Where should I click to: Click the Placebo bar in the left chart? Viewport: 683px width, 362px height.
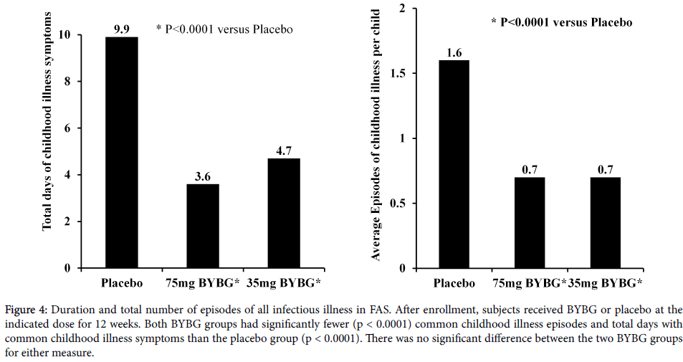pos(121,152)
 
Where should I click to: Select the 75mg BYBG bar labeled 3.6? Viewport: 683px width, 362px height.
pos(203,226)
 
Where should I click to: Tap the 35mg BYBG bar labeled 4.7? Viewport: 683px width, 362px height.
pos(284,213)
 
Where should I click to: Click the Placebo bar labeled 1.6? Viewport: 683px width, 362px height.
pos(454,164)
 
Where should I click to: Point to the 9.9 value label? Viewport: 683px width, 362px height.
pos(121,29)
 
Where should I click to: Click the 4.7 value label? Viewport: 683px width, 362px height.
pos(284,151)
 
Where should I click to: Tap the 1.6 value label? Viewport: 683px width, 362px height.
pos(454,52)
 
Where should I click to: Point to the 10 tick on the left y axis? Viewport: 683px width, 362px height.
pos(65,35)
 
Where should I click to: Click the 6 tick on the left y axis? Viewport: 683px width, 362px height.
pos(68,128)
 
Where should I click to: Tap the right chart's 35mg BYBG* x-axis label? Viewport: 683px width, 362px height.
pos(605,283)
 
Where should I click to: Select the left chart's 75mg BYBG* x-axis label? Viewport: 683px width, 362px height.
pos(204,282)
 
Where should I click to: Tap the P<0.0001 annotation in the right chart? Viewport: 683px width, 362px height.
pos(561,22)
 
